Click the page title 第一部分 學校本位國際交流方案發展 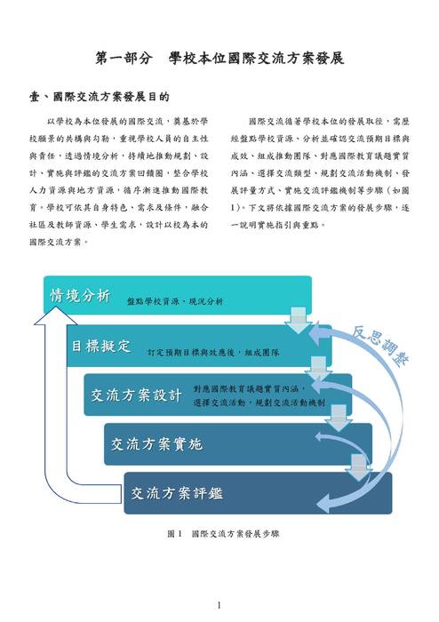tap(219, 59)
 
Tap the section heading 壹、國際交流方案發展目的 tap(100, 97)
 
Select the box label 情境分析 tap(80, 296)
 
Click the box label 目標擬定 tap(100, 346)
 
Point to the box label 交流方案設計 tap(136, 395)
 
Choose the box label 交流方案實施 tap(156, 444)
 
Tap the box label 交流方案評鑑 tap(177, 493)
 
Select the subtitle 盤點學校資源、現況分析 tap(175, 301)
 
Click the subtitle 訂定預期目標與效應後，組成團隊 tap(213, 352)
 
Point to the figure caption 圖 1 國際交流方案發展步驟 tap(223, 534)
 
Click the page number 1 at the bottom tap(219, 605)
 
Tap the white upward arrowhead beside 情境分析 tap(55, 315)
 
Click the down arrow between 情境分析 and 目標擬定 tap(299, 320)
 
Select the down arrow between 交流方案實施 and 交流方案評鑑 tap(358, 467)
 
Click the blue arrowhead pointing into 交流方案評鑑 tap(326, 504)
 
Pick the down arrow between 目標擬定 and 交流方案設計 tap(318, 370)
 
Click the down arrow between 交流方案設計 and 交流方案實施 tap(339, 419)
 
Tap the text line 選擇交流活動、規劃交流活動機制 tap(259, 403)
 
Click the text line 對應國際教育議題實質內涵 tap(250, 389)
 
